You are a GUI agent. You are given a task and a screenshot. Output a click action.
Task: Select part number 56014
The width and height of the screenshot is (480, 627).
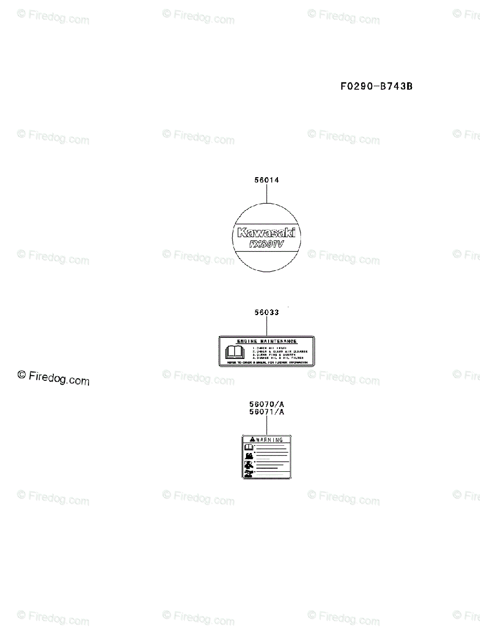click(x=266, y=180)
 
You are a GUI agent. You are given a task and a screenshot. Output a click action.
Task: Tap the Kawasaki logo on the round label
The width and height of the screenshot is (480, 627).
click(x=266, y=233)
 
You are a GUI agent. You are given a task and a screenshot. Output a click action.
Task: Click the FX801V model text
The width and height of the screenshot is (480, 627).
click(x=266, y=243)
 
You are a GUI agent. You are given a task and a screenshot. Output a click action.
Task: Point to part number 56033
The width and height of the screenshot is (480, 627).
click(x=266, y=312)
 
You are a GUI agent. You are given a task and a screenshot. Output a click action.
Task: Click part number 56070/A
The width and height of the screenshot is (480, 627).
click(x=266, y=404)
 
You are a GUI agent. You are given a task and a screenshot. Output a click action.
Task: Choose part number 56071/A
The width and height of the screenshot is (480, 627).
click(x=266, y=412)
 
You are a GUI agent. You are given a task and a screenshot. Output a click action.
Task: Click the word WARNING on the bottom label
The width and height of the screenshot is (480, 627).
click(x=270, y=440)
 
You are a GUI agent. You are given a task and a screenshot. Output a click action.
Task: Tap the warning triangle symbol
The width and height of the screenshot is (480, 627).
click(x=252, y=440)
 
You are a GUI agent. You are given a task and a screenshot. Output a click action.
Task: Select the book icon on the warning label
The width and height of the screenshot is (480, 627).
click(x=249, y=447)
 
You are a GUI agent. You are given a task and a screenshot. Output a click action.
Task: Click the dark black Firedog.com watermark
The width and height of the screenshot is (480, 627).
click(x=53, y=378)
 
